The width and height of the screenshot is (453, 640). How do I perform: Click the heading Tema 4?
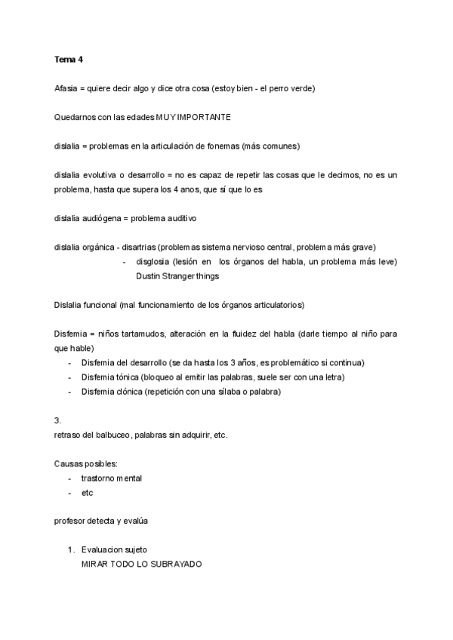(x=68, y=60)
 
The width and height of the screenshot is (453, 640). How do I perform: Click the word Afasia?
(x=66, y=88)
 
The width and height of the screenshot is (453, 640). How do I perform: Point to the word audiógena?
(x=103, y=219)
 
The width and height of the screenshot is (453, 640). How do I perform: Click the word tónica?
(x=129, y=377)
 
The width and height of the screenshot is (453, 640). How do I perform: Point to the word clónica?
(x=131, y=392)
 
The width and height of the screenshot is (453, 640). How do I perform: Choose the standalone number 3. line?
(x=57, y=420)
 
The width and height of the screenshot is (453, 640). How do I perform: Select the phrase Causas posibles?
(x=81, y=463)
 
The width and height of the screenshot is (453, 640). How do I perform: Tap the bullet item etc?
(x=87, y=492)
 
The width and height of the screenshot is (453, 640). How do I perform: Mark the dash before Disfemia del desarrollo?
(x=70, y=363)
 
